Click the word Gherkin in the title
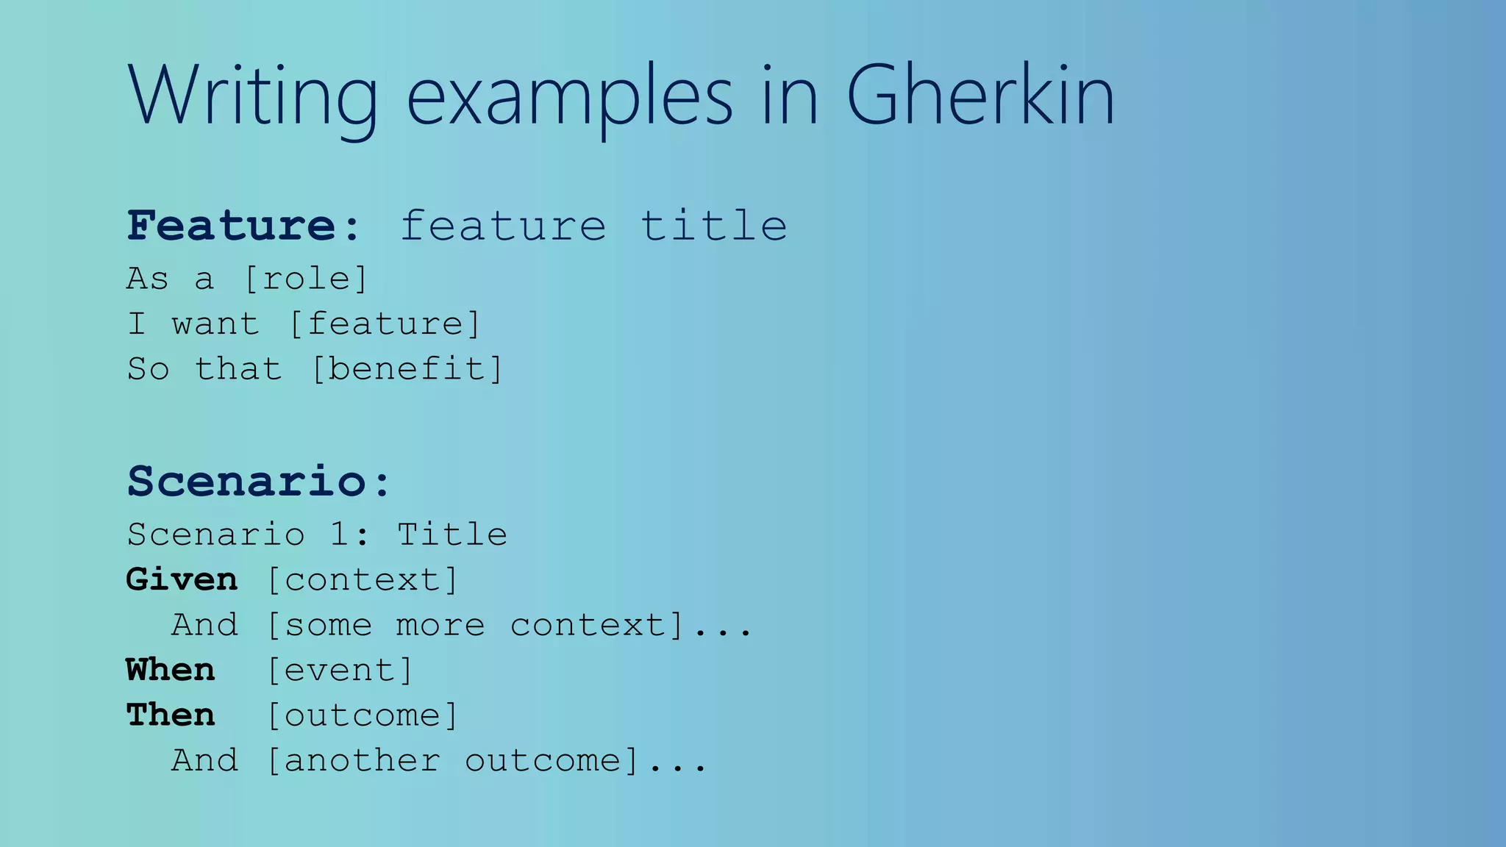click(x=980, y=96)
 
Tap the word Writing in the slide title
click(x=252, y=96)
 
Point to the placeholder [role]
click(x=306, y=279)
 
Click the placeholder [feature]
click(x=385, y=324)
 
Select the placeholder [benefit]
click(x=407, y=369)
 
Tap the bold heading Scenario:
click(x=259, y=482)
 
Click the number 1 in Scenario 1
click(x=339, y=535)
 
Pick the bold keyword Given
click(x=182, y=580)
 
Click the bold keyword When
click(x=171, y=671)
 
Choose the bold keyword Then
click(x=171, y=715)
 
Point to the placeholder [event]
click(x=340, y=671)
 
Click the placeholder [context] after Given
click(x=362, y=580)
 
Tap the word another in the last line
click(x=362, y=761)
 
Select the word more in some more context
click(x=440, y=626)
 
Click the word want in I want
click(x=215, y=324)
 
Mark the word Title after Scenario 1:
click(x=452, y=535)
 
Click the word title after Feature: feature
click(x=713, y=225)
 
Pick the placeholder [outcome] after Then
click(x=362, y=715)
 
